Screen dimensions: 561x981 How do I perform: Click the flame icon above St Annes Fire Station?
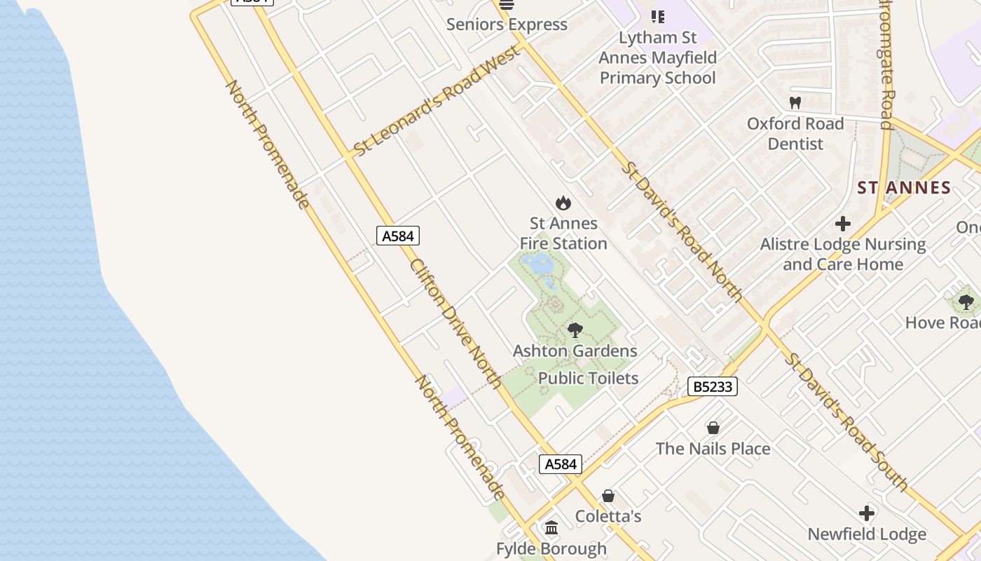563,203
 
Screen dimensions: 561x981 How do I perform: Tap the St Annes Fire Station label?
563,234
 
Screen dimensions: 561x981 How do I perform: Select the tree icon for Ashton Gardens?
575,330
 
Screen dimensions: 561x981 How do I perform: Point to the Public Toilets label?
588,379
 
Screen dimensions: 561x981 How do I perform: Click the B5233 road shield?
712,386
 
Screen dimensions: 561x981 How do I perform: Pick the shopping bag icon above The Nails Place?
713,428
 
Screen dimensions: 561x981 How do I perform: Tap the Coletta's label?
608,517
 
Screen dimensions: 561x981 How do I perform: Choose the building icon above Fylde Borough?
551,527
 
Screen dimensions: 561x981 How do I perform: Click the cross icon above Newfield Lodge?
867,513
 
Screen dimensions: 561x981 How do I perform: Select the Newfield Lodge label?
867,534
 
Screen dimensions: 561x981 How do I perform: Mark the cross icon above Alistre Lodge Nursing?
843,224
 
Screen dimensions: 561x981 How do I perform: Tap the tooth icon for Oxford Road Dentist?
795,103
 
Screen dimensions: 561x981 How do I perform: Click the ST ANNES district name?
904,188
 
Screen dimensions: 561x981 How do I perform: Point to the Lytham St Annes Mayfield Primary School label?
657,58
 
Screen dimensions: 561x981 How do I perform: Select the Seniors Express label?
507,25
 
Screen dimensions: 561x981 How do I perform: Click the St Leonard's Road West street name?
437,101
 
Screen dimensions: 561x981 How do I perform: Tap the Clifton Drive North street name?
455,323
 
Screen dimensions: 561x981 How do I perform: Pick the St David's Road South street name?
846,421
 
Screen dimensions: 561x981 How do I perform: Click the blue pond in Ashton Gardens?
540,265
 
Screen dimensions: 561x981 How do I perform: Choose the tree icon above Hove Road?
966,302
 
